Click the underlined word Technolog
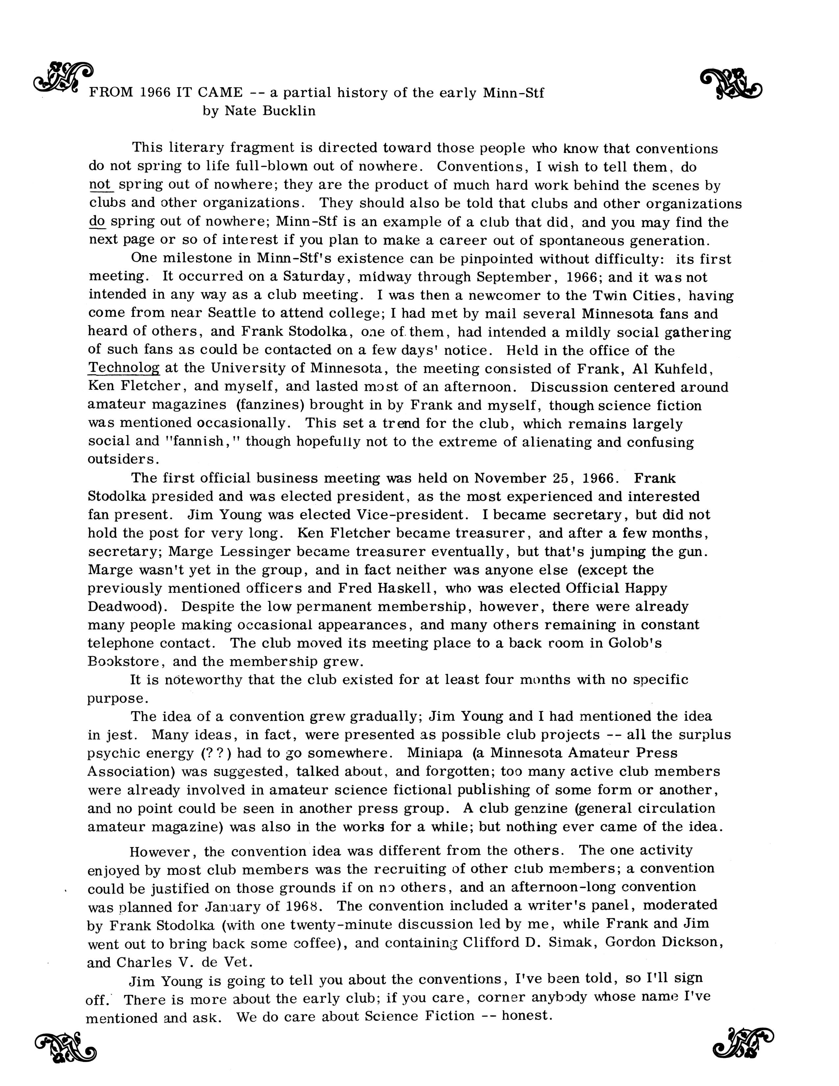tap(124, 368)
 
